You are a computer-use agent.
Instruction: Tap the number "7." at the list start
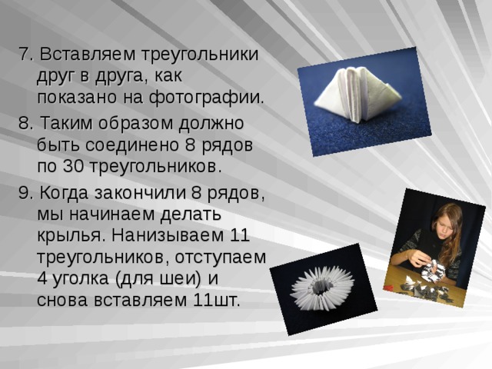pyautogui.click(x=25, y=55)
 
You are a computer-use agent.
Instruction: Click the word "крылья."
pyautogui.click(x=69, y=235)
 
